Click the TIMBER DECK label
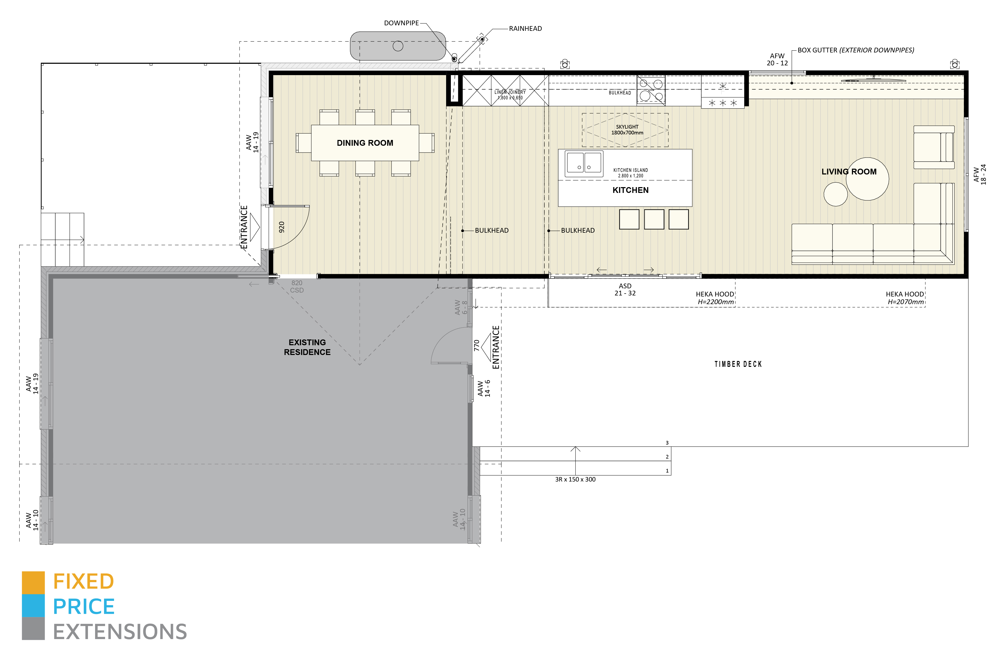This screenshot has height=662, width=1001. pyautogui.click(x=738, y=364)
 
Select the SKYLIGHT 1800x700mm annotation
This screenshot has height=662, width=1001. pyautogui.click(x=627, y=130)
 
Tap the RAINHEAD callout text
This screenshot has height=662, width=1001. pyautogui.click(x=525, y=29)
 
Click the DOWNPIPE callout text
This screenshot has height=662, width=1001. pyautogui.click(x=401, y=23)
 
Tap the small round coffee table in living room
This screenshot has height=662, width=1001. pyautogui.click(x=835, y=194)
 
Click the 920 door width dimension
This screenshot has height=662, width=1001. pyautogui.click(x=282, y=227)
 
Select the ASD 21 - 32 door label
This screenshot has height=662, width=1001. pyautogui.click(x=625, y=290)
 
